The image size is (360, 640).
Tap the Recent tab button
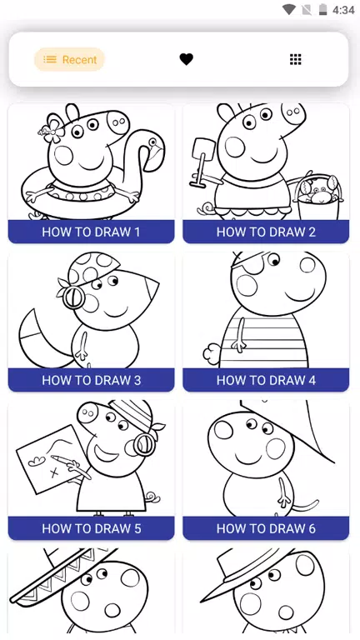[69, 60]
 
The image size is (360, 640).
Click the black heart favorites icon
[186, 60]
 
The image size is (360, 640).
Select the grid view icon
[296, 60]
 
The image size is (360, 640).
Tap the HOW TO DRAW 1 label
[91, 232]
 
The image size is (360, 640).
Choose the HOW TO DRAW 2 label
[266, 232]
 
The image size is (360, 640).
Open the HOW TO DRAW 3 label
[91, 380]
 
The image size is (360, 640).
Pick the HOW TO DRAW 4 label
[266, 380]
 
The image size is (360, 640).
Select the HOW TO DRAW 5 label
[91, 528]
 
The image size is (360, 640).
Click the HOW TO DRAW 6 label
[266, 528]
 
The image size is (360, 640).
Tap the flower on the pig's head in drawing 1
[52, 129]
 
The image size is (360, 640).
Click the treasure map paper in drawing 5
[51, 459]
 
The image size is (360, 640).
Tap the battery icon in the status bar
[322, 9]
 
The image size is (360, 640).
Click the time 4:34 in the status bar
[343, 10]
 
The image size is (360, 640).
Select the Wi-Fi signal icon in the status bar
[289, 9]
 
